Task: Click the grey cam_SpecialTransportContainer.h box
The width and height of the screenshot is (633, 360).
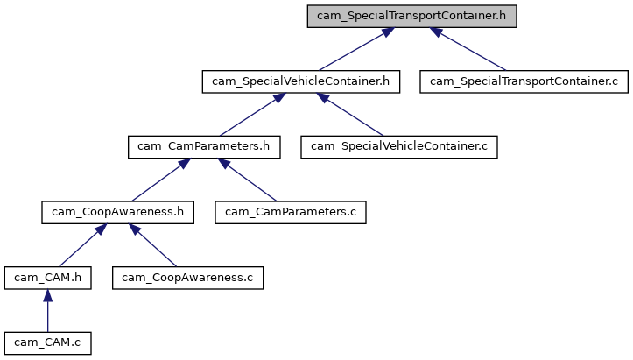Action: pyautogui.click(x=411, y=17)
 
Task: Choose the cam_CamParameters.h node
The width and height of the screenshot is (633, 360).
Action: pyautogui.click(x=203, y=146)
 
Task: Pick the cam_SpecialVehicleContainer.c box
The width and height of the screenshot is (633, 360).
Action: pyautogui.click(x=399, y=146)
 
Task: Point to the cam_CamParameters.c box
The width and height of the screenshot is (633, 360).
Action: pyautogui.click(x=291, y=211)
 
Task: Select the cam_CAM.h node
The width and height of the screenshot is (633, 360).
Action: pyautogui.click(x=47, y=277)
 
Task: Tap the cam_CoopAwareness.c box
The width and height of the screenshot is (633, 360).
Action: pyautogui.click(x=187, y=277)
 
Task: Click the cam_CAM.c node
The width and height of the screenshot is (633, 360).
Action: pyautogui.click(x=47, y=342)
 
